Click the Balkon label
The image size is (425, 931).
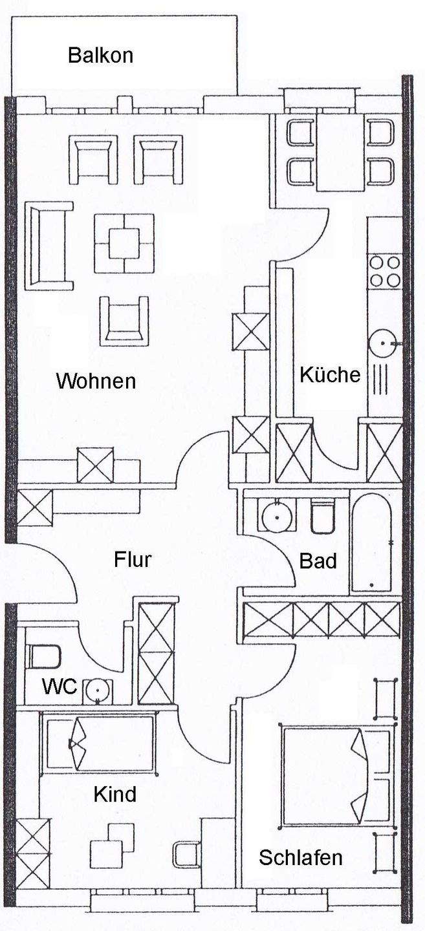point(101,56)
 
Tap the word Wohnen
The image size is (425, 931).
point(96,381)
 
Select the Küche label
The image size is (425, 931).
point(330,374)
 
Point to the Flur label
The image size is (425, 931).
point(133,559)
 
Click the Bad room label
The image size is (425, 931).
point(318,561)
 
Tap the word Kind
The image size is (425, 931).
point(115,794)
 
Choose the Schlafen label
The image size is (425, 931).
point(301,857)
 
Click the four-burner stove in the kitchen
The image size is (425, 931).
point(385,272)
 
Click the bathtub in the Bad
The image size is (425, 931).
point(372,542)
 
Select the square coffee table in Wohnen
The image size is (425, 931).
point(124,244)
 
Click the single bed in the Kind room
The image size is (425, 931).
point(100,742)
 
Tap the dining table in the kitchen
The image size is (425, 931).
point(341,152)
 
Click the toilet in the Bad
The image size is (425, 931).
point(323,516)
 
